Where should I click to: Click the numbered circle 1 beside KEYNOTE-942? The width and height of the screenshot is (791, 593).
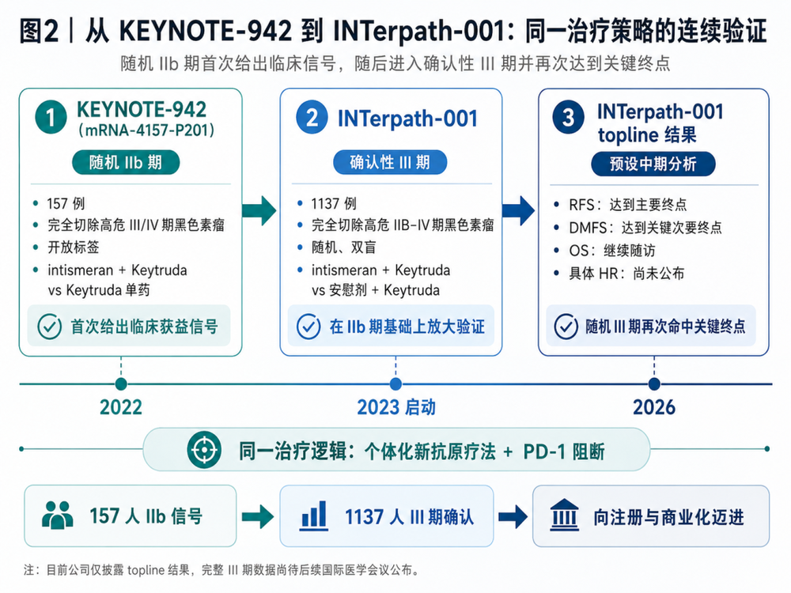click(x=51, y=117)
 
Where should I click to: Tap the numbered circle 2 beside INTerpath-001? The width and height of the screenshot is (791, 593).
click(x=312, y=118)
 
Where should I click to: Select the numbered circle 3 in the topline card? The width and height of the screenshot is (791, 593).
click(x=569, y=118)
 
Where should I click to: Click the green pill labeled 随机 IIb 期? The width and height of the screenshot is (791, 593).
click(x=126, y=162)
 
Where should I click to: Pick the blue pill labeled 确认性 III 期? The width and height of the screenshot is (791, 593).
click(x=390, y=162)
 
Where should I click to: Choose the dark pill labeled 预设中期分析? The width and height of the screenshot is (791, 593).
click(x=653, y=164)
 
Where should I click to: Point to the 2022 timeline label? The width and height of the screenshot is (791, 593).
click(x=121, y=407)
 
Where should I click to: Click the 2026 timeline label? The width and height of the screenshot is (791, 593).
click(x=654, y=407)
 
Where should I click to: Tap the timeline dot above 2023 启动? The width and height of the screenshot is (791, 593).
click(x=396, y=384)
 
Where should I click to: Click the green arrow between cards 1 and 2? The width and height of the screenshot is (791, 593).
click(x=259, y=210)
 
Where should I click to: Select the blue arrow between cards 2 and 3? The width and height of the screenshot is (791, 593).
click(x=519, y=210)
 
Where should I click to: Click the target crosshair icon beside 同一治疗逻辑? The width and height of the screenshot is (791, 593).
click(x=204, y=449)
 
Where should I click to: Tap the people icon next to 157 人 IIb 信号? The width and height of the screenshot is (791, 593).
click(x=58, y=515)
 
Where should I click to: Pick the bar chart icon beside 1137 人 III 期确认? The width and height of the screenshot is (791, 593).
click(x=314, y=516)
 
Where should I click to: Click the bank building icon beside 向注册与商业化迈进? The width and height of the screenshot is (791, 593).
click(x=564, y=516)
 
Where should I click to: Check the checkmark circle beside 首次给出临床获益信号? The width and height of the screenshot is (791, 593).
click(x=50, y=327)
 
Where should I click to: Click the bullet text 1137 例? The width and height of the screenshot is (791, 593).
click(x=334, y=204)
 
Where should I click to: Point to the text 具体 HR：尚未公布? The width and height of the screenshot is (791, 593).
click(x=626, y=274)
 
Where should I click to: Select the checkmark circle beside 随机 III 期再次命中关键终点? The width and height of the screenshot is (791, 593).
click(x=566, y=327)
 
